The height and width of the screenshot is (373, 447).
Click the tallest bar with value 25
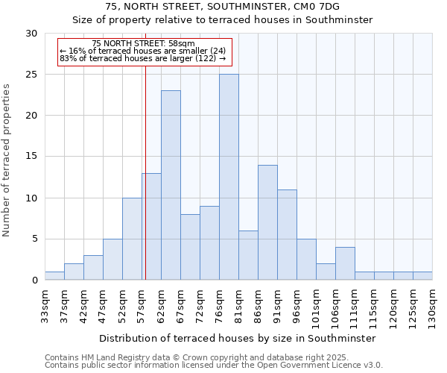point(229,177)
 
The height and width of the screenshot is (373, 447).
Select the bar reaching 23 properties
point(171,185)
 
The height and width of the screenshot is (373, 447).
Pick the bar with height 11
point(287,234)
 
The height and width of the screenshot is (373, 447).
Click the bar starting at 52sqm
point(132,239)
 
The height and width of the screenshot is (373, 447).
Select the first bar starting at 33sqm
point(54,276)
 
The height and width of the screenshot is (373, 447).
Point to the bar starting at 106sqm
point(345,263)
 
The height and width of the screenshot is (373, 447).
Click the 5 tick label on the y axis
point(34,239)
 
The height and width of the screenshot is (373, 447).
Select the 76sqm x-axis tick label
point(219,302)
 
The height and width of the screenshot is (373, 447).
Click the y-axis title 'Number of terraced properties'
point(7,160)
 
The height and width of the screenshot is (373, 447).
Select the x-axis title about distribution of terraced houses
point(237,338)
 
